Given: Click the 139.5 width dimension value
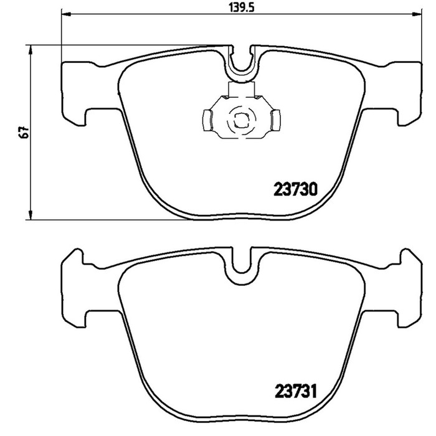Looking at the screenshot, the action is pos(242,7).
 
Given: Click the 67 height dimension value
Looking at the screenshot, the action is pos(24,132).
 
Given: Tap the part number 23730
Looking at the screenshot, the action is pos(295,189).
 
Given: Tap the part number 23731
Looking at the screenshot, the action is pos(295,391).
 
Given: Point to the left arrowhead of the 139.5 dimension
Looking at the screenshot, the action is pos(66,14).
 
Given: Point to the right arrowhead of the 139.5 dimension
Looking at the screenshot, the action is pos(417,14).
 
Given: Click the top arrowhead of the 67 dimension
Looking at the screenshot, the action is pos(31,50).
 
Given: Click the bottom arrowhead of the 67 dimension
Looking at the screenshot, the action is pos(31,214).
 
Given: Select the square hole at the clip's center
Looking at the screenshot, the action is pos(241,121).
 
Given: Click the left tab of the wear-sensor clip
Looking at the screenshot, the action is pos(207,120).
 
